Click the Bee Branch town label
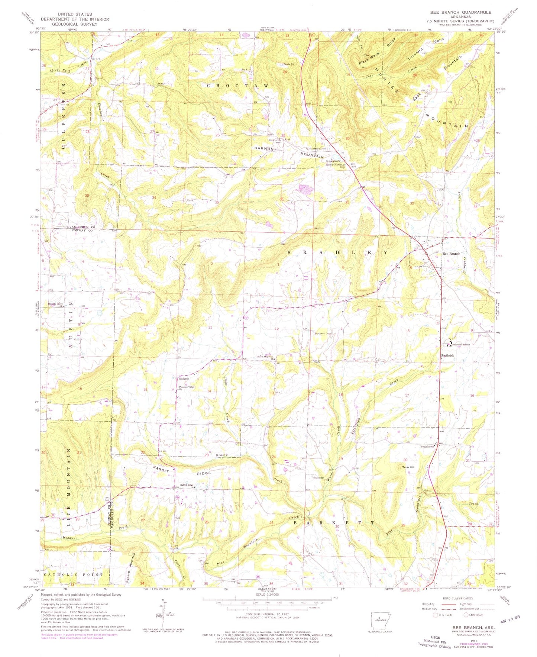click(451, 254)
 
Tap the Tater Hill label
click(408, 467)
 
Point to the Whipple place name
click(184, 379)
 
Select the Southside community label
click(447, 355)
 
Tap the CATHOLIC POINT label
click(73, 574)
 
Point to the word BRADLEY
click(337, 252)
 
